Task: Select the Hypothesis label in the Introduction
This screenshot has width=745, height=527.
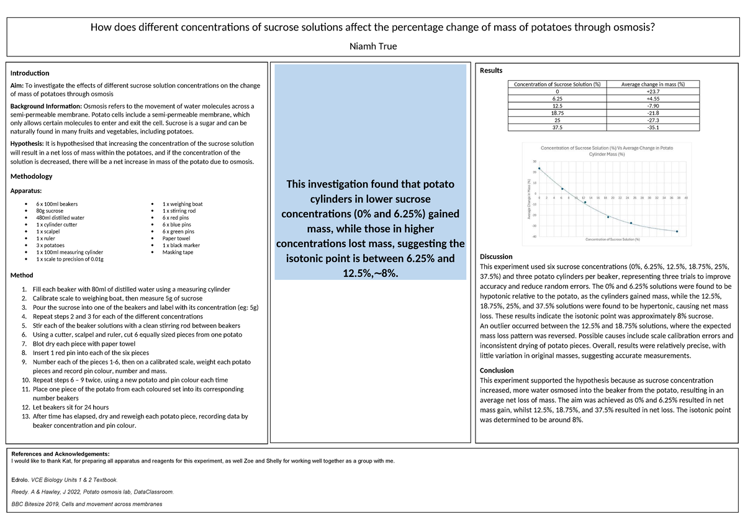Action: point(28,143)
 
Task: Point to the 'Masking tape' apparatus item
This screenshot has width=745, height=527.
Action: point(176,252)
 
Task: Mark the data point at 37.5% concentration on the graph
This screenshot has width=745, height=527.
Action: point(677,232)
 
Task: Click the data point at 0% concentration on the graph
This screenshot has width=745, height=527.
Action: point(539,168)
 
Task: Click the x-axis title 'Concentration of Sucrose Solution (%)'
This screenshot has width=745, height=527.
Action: point(612,240)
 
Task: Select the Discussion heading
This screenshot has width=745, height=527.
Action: point(497,256)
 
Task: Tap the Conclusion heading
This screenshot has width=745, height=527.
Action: point(497,370)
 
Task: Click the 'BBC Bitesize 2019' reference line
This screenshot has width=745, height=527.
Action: point(87,504)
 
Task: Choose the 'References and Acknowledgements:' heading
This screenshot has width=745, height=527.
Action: point(60,454)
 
